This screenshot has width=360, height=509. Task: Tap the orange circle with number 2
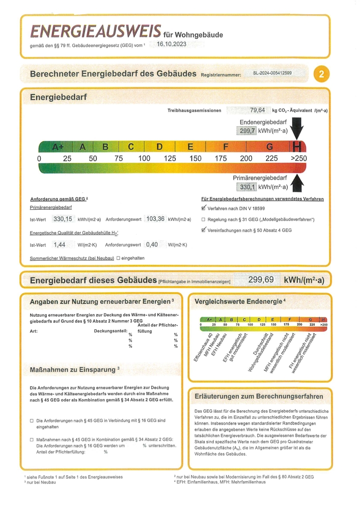[x=321, y=74]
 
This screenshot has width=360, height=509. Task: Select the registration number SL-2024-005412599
[x=272, y=73]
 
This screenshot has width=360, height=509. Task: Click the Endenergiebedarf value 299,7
[x=247, y=131]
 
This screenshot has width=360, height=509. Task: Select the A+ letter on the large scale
[x=58, y=147]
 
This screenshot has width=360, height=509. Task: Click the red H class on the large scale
[x=297, y=147]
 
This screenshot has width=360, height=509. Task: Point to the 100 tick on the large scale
[x=144, y=158]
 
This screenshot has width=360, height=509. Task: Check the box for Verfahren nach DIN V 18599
[x=204, y=208]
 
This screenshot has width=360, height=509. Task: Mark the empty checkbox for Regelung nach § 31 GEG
[x=204, y=219]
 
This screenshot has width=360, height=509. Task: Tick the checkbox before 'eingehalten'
[x=118, y=258]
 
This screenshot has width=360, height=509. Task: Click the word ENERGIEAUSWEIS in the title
[x=96, y=32]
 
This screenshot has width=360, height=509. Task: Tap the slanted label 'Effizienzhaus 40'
[x=202, y=352]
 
